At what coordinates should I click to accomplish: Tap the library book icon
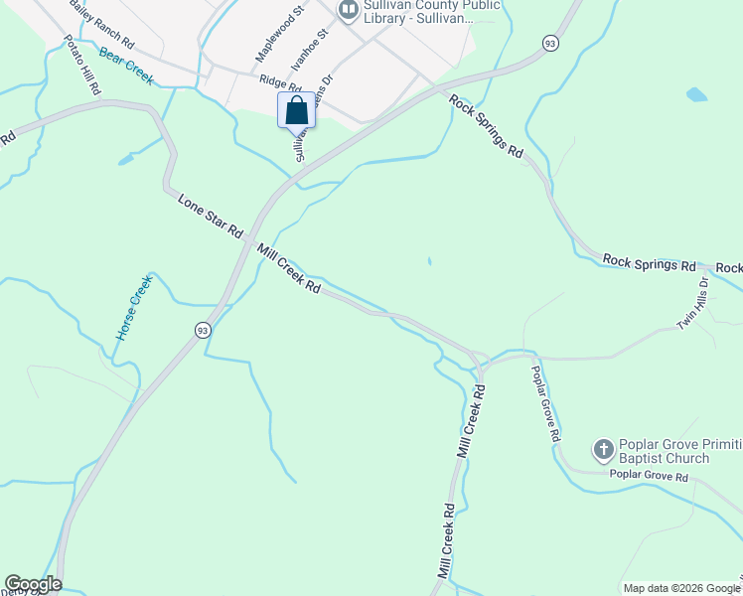click(x=348, y=11)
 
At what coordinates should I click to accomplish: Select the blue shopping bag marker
click(x=296, y=110)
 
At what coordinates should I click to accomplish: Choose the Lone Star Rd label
click(x=210, y=216)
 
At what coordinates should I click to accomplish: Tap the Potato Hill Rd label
click(x=83, y=66)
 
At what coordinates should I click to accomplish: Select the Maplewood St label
click(x=278, y=36)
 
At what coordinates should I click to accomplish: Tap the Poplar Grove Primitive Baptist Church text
click(x=665, y=451)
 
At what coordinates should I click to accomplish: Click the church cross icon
click(x=602, y=450)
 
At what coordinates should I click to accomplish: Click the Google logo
click(x=33, y=584)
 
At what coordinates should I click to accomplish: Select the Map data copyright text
click(x=681, y=588)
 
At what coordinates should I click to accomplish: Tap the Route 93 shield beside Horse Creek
click(x=202, y=330)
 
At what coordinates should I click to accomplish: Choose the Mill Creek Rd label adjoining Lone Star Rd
click(x=288, y=268)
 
